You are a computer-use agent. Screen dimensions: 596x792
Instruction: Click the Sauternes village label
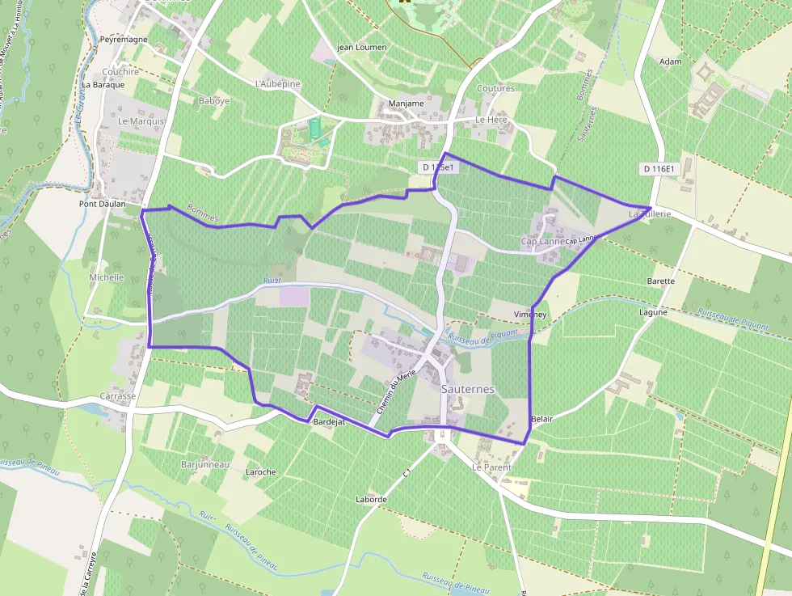click(x=468, y=389)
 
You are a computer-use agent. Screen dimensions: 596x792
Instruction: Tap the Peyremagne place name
click(x=124, y=40)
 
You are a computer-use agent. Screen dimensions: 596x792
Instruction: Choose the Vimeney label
click(x=530, y=314)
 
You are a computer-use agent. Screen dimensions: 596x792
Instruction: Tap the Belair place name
click(x=542, y=419)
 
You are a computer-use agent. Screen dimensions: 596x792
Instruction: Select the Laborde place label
click(x=371, y=500)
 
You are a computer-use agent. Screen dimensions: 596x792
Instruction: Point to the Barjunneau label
click(x=206, y=465)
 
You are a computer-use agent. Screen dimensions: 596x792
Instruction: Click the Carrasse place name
click(x=117, y=397)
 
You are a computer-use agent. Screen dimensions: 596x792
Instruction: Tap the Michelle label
click(x=107, y=277)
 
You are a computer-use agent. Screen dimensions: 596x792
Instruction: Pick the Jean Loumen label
click(x=361, y=48)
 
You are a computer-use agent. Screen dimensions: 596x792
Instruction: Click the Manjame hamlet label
click(x=406, y=104)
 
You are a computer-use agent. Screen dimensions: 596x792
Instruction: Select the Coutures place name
click(x=495, y=88)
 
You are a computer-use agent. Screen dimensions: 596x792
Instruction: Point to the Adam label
click(x=671, y=61)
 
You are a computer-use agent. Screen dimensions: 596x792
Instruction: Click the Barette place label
click(x=661, y=281)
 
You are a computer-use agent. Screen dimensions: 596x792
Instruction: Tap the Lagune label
click(x=653, y=312)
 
